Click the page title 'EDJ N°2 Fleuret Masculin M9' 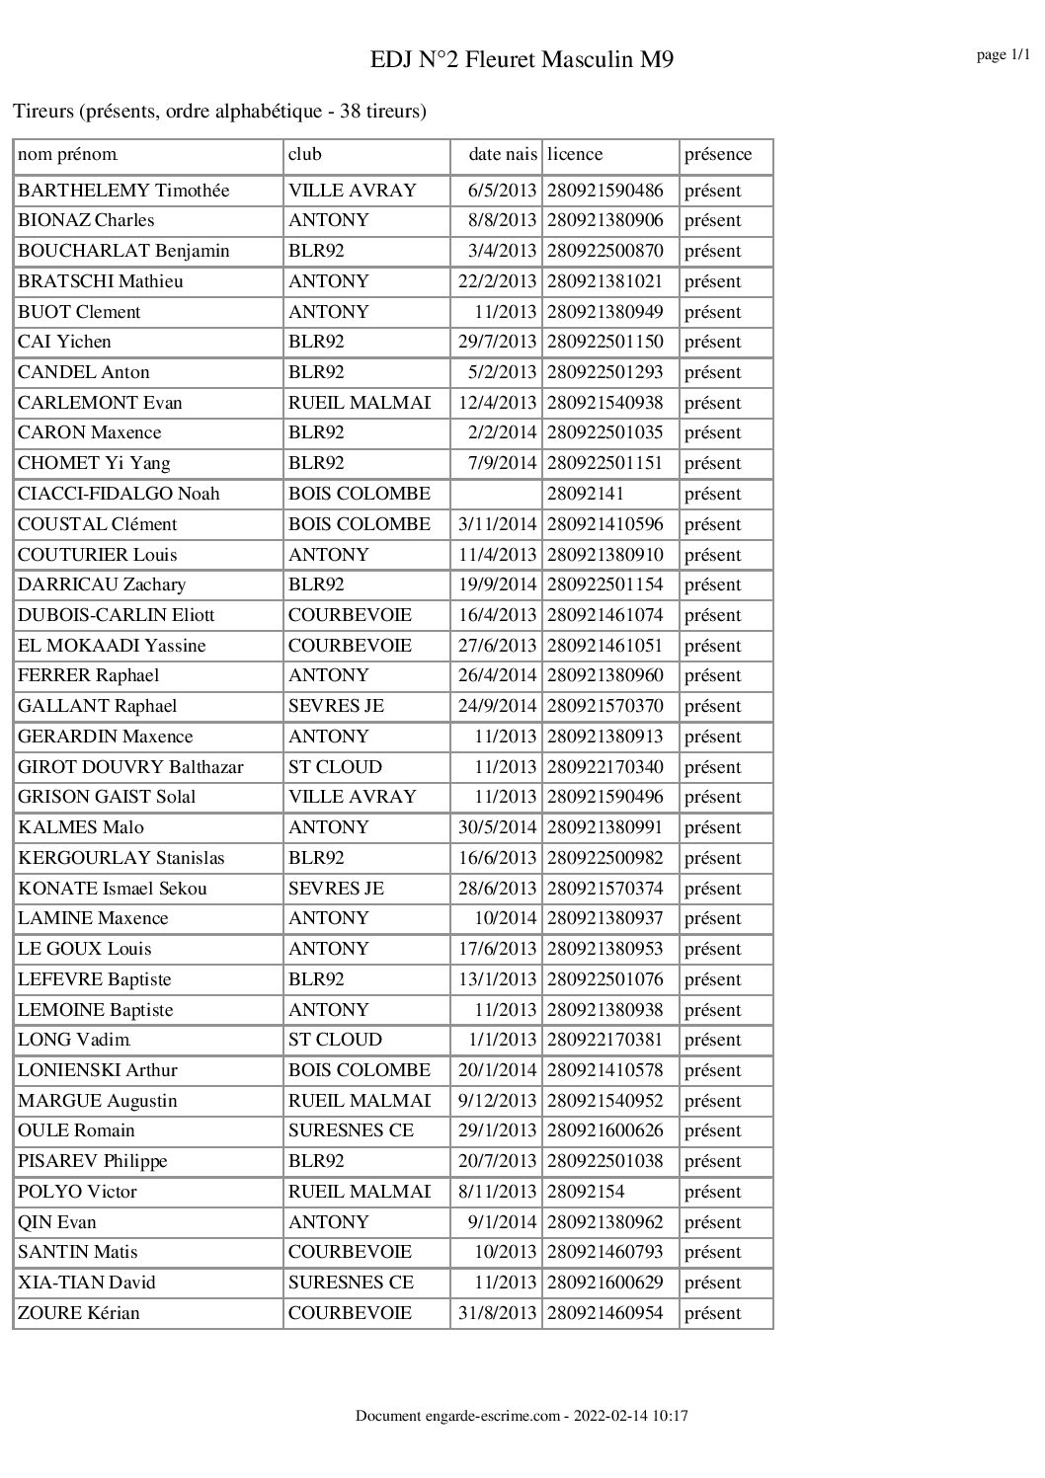pyautogui.click(x=522, y=60)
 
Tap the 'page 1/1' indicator pyautogui.click(x=1004, y=55)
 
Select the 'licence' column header pyautogui.click(x=575, y=154)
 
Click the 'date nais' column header pyautogui.click(x=503, y=154)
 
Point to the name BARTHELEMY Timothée pyautogui.click(x=123, y=191)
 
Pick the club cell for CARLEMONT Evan pyautogui.click(x=360, y=403)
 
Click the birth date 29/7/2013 pyautogui.click(x=498, y=342)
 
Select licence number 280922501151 pyautogui.click(x=605, y=463)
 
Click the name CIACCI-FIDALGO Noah pyautogui.click(x=119, y=494)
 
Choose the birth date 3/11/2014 pyautogui.click(x=498, y=524)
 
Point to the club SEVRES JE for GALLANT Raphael pyautogui.click(x=336, y=706)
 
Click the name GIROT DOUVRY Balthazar pyautogui.click(x=130, y=767)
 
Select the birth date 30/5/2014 pyautogui.click(x=498, y=827)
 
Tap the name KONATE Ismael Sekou pyautogui.click(x=113, y=889)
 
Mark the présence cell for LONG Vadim pyautogui.click(x=712, y=1040)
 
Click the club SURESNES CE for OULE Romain pyautogui.click(x=351, y=1130)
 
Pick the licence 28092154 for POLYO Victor pyautogui.click(x=586, y=1192)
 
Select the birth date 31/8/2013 pyautogui.click(x=498, y=1313)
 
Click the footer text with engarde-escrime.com pyautogui.click(x=522, y=1416)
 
